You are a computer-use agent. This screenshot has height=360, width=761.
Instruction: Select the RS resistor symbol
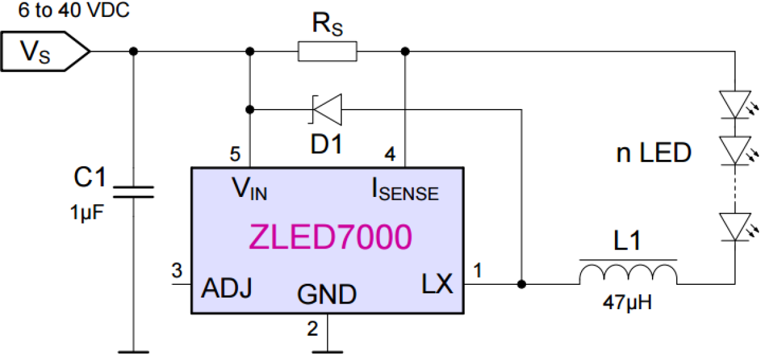(x=327, y=52)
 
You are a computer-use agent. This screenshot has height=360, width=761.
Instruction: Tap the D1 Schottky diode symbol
(x=327, y=109)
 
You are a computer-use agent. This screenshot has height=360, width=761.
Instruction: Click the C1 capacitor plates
(x=134, y=192)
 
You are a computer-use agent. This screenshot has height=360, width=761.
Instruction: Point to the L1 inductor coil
(x=628, y=274)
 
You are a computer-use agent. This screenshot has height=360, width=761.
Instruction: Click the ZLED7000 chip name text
(x=330, y=238)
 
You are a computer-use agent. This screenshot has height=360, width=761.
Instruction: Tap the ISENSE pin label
(x=405, y=192)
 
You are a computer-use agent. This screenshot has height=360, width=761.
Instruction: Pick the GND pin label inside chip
(x=327, y=295)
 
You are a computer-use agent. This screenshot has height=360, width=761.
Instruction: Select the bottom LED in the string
(x=734, y=226)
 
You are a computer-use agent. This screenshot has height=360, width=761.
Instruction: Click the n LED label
(x=653, y=153)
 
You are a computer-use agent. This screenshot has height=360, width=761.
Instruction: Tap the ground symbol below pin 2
(x=327, y=350)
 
